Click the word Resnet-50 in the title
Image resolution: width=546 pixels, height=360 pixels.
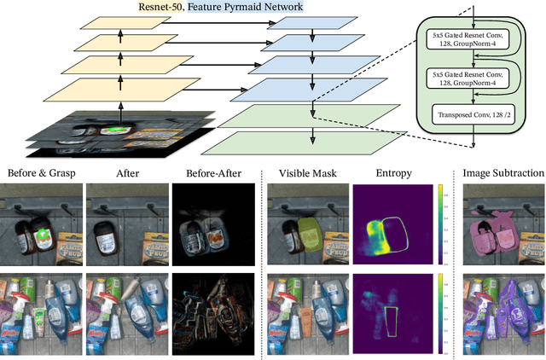(164, 7)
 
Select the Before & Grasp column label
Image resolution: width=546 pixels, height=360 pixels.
(41, 172)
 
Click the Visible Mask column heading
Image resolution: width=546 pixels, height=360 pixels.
(304, 172)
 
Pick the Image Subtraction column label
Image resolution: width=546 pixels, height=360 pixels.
(502, 172)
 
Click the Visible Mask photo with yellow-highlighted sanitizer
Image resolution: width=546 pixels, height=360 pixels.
(304, 224)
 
